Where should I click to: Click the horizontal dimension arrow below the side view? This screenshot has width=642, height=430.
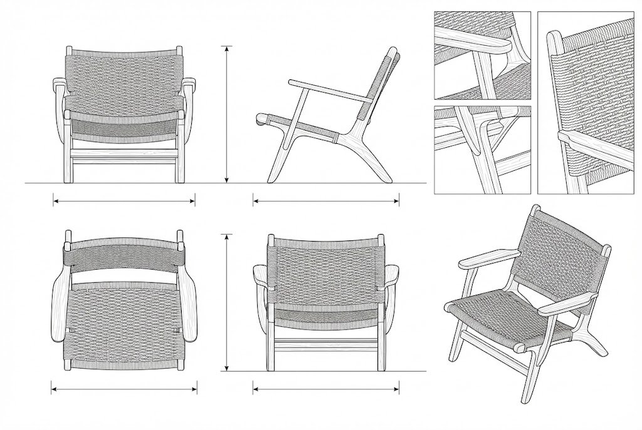point(326,202)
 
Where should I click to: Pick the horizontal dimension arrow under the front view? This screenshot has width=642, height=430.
point(124,202)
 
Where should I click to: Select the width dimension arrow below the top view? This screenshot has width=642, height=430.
point(123,389)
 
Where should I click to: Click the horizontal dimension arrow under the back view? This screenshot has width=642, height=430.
point(326,389)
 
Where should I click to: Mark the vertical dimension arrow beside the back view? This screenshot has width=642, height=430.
point(227,303)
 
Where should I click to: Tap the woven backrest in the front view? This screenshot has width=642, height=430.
point(124,78)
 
